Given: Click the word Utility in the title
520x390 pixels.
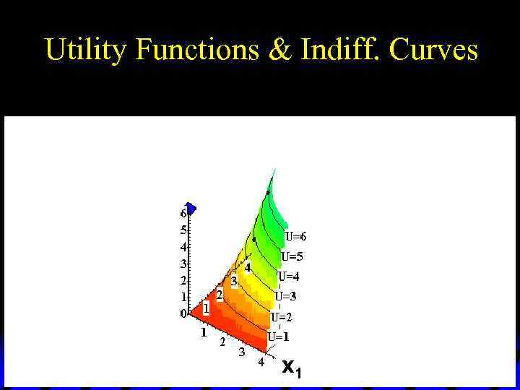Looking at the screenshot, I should [86, 50].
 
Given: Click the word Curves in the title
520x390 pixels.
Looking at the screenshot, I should [433, 50].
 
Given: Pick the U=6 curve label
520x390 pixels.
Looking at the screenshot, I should [295, 236].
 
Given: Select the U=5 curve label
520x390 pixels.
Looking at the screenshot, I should [292, 256].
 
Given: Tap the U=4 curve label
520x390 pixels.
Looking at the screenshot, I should [288, 276].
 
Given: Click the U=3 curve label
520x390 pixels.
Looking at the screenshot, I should [285, 296].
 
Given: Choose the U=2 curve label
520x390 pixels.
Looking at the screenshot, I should [282, 317].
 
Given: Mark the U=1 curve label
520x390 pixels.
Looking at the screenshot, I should [278, 337].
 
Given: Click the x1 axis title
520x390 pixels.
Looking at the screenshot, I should [292, 368].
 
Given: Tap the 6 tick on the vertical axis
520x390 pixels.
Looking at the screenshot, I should [183, 214].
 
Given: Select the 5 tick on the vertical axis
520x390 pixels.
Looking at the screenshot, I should [183, 230].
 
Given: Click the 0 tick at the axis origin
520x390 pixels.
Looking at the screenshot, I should [183, 313].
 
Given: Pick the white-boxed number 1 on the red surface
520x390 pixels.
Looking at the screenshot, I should [206, 308].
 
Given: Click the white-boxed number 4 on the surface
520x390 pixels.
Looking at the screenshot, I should [248, 267].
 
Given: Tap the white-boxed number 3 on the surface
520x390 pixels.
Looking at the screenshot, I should [234, 280].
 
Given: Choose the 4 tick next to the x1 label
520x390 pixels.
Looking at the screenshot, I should [261, 363].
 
